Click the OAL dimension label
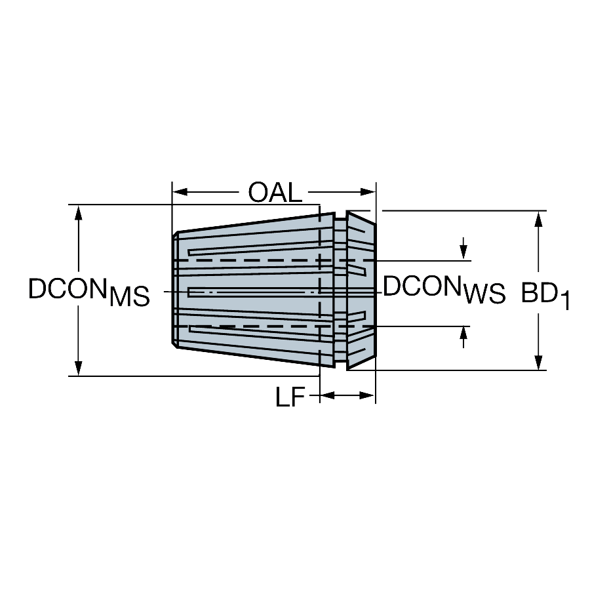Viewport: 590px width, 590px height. click(275, 192)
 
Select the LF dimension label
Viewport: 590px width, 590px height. click(290, 397)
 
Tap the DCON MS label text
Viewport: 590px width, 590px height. click(88, 291)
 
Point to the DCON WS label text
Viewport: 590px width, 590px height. click(444, 289)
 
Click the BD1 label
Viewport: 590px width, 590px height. click(545, 295)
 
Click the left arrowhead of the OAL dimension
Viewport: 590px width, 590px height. click(180, 192)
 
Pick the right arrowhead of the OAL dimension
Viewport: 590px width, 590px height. click(368, 192)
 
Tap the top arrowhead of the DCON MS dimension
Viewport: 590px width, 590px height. click(78, 213)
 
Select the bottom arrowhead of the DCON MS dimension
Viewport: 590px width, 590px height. click(78, 368)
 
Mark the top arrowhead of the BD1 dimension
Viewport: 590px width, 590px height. click(538, 219)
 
